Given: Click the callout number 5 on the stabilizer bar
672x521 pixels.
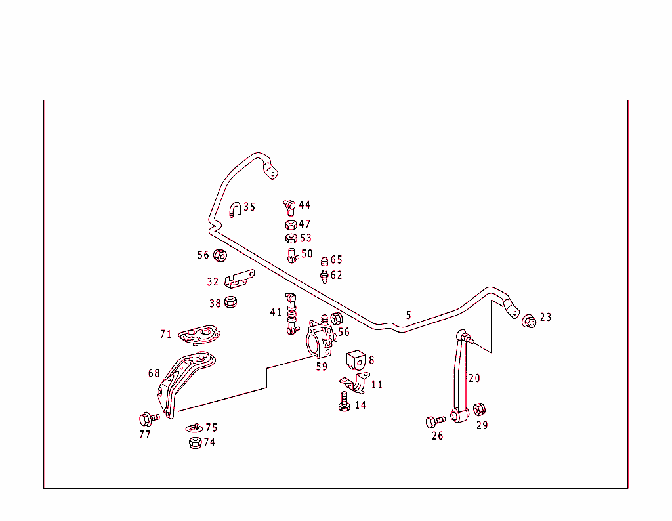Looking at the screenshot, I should tap(408, 316).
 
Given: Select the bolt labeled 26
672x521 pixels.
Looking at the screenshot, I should tap(434, 421).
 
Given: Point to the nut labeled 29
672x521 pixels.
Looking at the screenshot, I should tap(479, 409).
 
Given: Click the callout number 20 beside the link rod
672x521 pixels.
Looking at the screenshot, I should tap(474, 378).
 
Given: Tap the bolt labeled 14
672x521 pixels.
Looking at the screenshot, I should tap(343, 402).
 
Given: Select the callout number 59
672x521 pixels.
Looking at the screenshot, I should tap(322, 367).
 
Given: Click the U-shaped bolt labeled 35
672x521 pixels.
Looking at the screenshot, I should tap(235, 210).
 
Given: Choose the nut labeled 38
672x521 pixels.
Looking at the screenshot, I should tap(230, 302).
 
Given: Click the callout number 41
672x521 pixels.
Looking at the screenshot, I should tap(276, 312).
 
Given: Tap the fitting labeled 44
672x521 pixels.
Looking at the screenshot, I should tap(289, 207).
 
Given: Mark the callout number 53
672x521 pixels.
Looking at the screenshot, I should tap(305, 238).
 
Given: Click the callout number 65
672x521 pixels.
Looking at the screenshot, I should tap(336, 260).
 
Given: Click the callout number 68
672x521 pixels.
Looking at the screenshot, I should tap(154, 373).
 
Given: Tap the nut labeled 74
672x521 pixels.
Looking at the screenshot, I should tap(195, 442).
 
